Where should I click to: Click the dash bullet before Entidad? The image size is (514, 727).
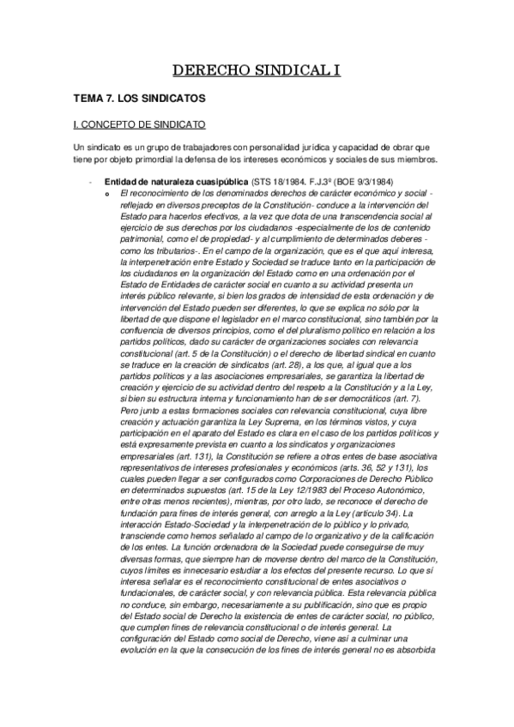(x=88, y=182)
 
